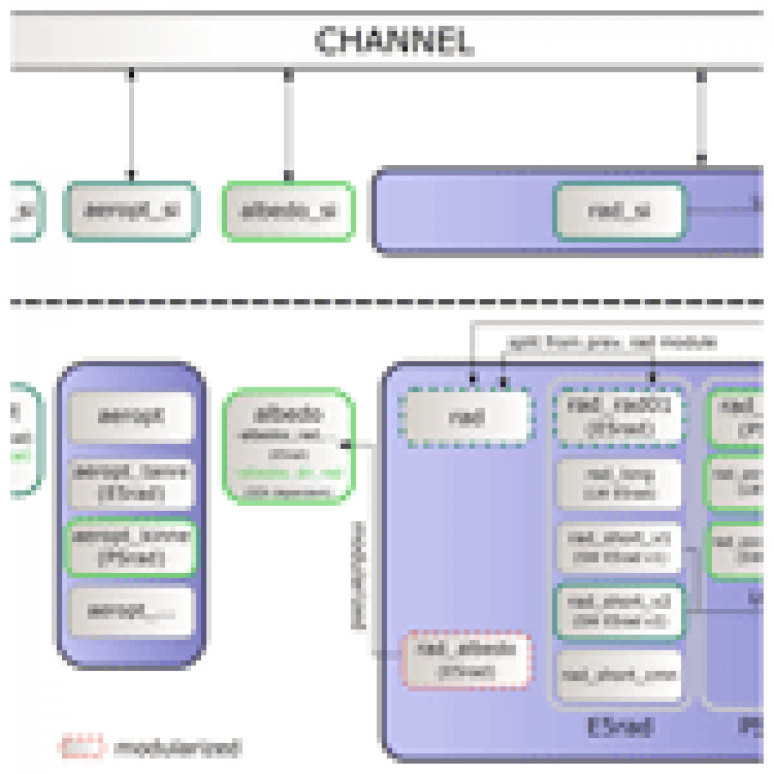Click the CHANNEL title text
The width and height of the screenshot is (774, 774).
[394, 41]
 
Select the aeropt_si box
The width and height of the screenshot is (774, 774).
[131, 211]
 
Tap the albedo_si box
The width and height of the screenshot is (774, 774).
[289, 211]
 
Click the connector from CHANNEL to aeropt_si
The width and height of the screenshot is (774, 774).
[131, 125]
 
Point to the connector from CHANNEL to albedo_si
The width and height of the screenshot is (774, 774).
[288, 125]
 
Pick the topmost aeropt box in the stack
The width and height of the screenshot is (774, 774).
[131, 416]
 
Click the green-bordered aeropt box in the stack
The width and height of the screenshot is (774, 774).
[131, 548]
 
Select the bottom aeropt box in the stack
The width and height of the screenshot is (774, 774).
[131, 612]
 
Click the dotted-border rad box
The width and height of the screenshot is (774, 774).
[467, 417]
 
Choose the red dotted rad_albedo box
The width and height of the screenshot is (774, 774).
[467, 660]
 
